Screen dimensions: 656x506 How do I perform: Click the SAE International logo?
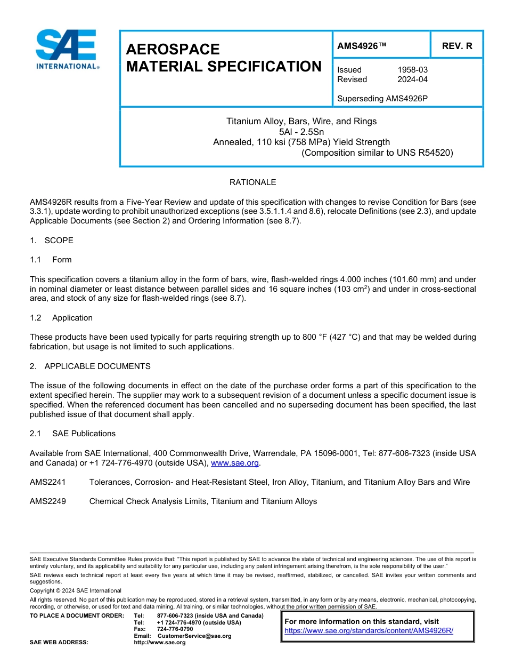point(67,49)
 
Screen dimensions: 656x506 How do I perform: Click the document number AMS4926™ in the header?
point(361,46)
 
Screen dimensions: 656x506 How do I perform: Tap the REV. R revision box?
point(457,46)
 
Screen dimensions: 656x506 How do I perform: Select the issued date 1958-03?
point(412,70)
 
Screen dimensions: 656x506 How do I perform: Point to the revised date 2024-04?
point(412,79)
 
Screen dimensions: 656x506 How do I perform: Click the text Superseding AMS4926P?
point(382,99)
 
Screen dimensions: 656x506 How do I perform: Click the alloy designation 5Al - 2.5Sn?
point(301,132)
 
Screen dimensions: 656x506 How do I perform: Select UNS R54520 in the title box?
point(424,153)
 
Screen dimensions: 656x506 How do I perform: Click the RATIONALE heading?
point(252,182)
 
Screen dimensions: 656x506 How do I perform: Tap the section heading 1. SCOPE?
point(52,241)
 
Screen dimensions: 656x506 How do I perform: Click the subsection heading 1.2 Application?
point(61,318)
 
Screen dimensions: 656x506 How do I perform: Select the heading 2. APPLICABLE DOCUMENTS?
point(90,366)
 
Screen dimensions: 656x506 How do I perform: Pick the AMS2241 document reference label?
point(48,482)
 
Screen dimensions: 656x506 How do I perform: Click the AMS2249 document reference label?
point(48,501)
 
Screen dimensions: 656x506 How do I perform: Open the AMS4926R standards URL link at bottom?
point(369,630)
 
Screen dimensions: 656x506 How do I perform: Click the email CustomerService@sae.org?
point(194,636)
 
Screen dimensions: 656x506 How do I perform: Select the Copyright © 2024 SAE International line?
point(76,590)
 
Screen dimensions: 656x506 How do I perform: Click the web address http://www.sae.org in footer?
point(159,643)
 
